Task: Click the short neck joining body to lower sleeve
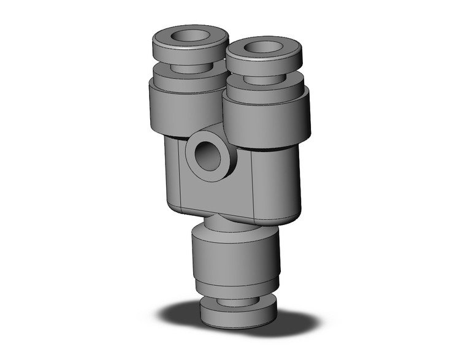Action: click(x=230, y=224)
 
